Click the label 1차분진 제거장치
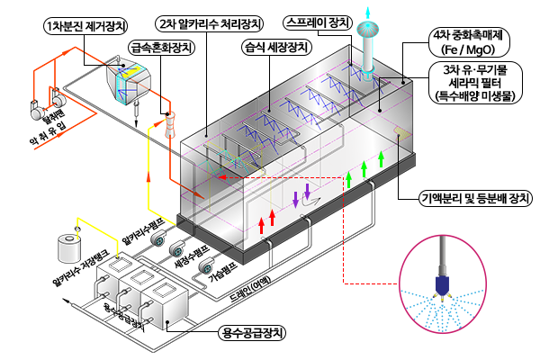click(x=81, y=26)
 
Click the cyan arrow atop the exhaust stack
click(x=366, y=10)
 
